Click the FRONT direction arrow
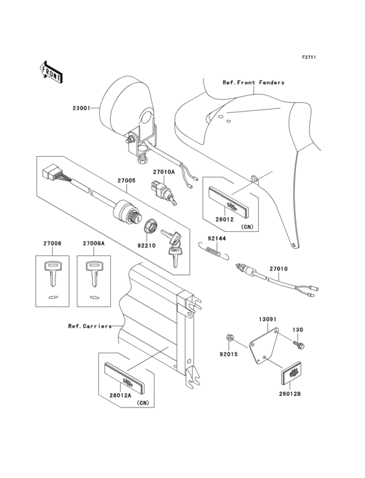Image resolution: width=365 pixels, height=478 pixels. click(51, 72)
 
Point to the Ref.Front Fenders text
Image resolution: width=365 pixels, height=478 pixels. click(254, 83)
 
